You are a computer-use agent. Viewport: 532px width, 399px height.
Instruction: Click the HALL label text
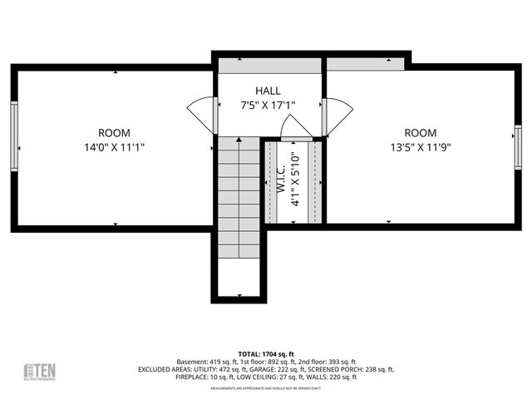(x=268, y=91)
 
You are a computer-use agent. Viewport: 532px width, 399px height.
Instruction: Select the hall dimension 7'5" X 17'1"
(x=268, y=106)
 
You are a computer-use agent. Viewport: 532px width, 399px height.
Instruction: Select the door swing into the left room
(x=202, y=115)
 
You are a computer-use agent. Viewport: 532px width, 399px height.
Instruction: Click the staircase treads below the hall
(x=239, y=199)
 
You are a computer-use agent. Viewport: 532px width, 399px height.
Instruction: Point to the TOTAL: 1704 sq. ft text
(x=266, y=352)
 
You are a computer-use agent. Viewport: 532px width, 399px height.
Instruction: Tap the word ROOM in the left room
(x=114, y=133)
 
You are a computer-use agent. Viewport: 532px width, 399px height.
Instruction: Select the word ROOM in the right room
(x=420, y=133)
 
